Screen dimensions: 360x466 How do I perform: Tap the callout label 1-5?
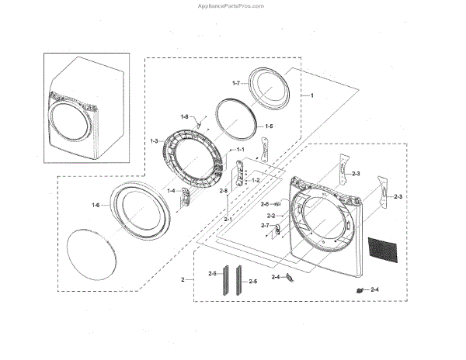[269, 126]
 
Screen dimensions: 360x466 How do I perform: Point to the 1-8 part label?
[185, 116]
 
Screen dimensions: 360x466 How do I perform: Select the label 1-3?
[154, 140]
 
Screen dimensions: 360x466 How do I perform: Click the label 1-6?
[95, 205]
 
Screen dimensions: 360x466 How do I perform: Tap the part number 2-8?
[224, 191]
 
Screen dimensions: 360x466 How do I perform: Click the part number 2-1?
[228, 220]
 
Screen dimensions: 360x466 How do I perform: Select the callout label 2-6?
[264, 203]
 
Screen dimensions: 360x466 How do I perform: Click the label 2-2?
[271, 215]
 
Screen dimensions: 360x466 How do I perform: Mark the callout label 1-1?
[240, 149]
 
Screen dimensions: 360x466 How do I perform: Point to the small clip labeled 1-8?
[199, 121]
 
